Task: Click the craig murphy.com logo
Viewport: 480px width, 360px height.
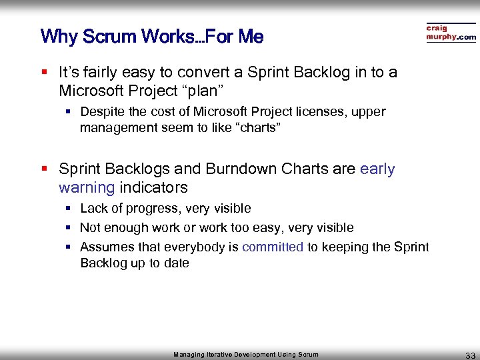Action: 451,33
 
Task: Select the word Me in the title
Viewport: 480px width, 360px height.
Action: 251,36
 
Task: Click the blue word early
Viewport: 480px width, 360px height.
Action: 377,169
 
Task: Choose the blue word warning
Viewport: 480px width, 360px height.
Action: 87,187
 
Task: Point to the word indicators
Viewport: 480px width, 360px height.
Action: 154,187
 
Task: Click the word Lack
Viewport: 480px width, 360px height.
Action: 93,209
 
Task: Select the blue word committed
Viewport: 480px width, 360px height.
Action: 273,247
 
